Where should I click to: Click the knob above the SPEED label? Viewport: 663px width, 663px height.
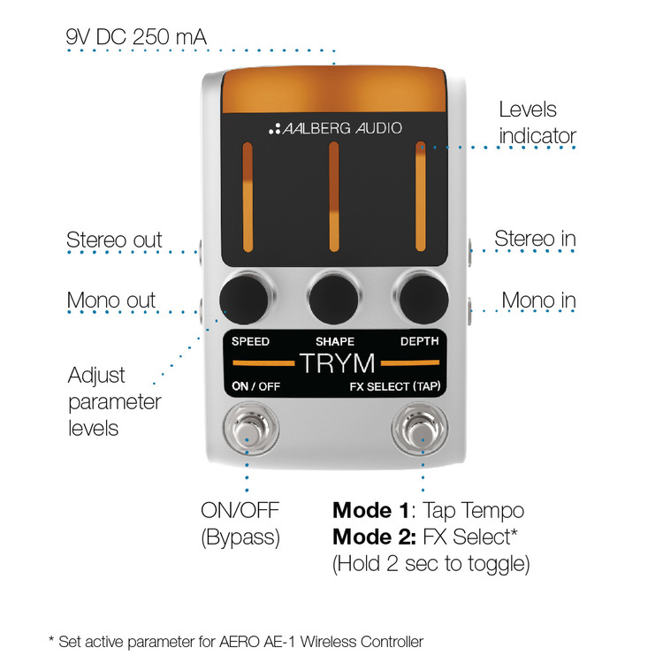coord(244,300)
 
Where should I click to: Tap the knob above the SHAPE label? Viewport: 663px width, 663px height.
coord(333,300)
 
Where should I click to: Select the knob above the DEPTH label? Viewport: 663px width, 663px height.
coord(423,300)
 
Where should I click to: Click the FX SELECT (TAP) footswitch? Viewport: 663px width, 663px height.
coord(419,429)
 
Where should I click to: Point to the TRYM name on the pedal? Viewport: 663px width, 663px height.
coord(338,363)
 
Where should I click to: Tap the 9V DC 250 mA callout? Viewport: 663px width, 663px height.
coord(136,37)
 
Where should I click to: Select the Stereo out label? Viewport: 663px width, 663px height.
coord(114,240)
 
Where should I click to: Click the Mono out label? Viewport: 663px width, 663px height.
coord(111,301)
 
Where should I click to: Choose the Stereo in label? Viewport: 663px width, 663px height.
coord(536,239)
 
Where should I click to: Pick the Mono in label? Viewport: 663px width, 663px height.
coord(538,301)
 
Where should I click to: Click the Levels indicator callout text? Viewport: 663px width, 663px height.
coord(537,123)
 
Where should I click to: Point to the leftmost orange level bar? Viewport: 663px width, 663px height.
coord(248,197)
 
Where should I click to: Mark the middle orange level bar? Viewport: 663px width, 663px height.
coord(334,197)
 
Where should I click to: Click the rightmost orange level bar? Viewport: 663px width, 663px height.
coord(420,197)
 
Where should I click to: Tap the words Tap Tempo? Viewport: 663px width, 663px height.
coord(474,511)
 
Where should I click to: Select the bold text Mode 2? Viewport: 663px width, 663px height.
coord(375,537)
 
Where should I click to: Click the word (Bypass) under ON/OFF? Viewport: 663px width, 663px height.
coord(240,537)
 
